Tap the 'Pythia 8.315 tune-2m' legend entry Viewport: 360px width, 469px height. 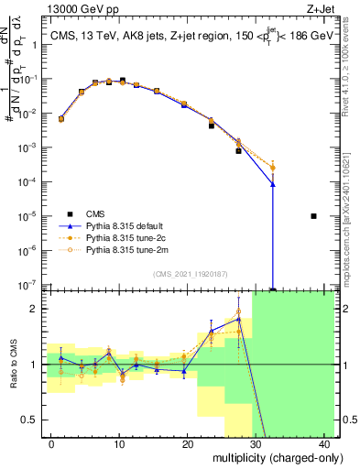click(x=129, y=248)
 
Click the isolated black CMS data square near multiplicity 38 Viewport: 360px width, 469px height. click(x=313, y=216)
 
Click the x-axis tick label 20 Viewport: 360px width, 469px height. click(x=187, y=444)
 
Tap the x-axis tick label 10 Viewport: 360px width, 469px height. click(x=119, y=444)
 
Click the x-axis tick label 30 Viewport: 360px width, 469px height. click(x=256, y=444)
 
